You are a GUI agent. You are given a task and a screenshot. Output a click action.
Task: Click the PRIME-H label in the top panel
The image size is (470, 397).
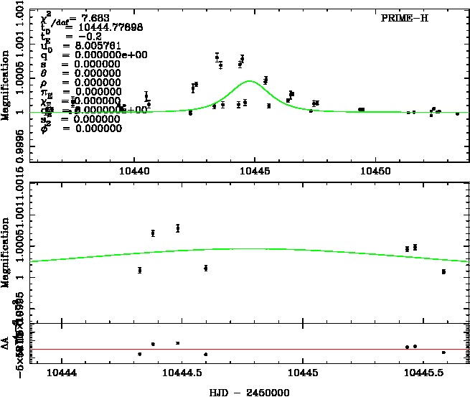coord(405,18)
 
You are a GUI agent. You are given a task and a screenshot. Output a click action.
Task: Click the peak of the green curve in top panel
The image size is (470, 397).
coord(249,81)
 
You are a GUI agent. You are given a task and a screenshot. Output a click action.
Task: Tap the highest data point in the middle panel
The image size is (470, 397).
coord(178,228)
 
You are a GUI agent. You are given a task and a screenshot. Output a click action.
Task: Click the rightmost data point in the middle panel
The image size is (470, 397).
coord(444,271)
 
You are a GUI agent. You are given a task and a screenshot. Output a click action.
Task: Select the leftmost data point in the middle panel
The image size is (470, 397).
coord(139,270)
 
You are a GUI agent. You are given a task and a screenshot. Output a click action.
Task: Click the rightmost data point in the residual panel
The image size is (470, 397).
coord(444,352)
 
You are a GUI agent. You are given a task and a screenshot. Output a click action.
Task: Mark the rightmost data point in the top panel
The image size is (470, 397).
coord(457,113)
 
